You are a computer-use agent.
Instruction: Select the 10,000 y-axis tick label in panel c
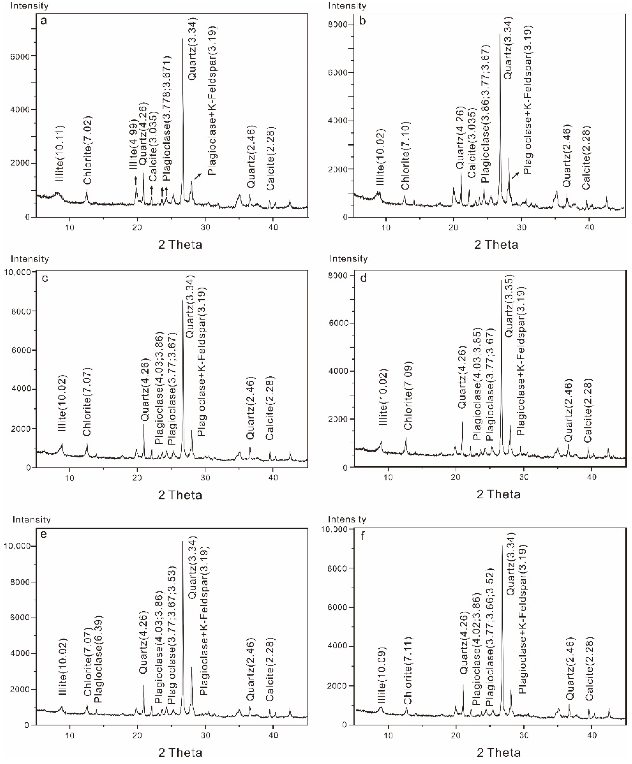17,272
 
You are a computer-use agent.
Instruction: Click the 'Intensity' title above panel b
347,6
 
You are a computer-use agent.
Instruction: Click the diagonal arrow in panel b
515,176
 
